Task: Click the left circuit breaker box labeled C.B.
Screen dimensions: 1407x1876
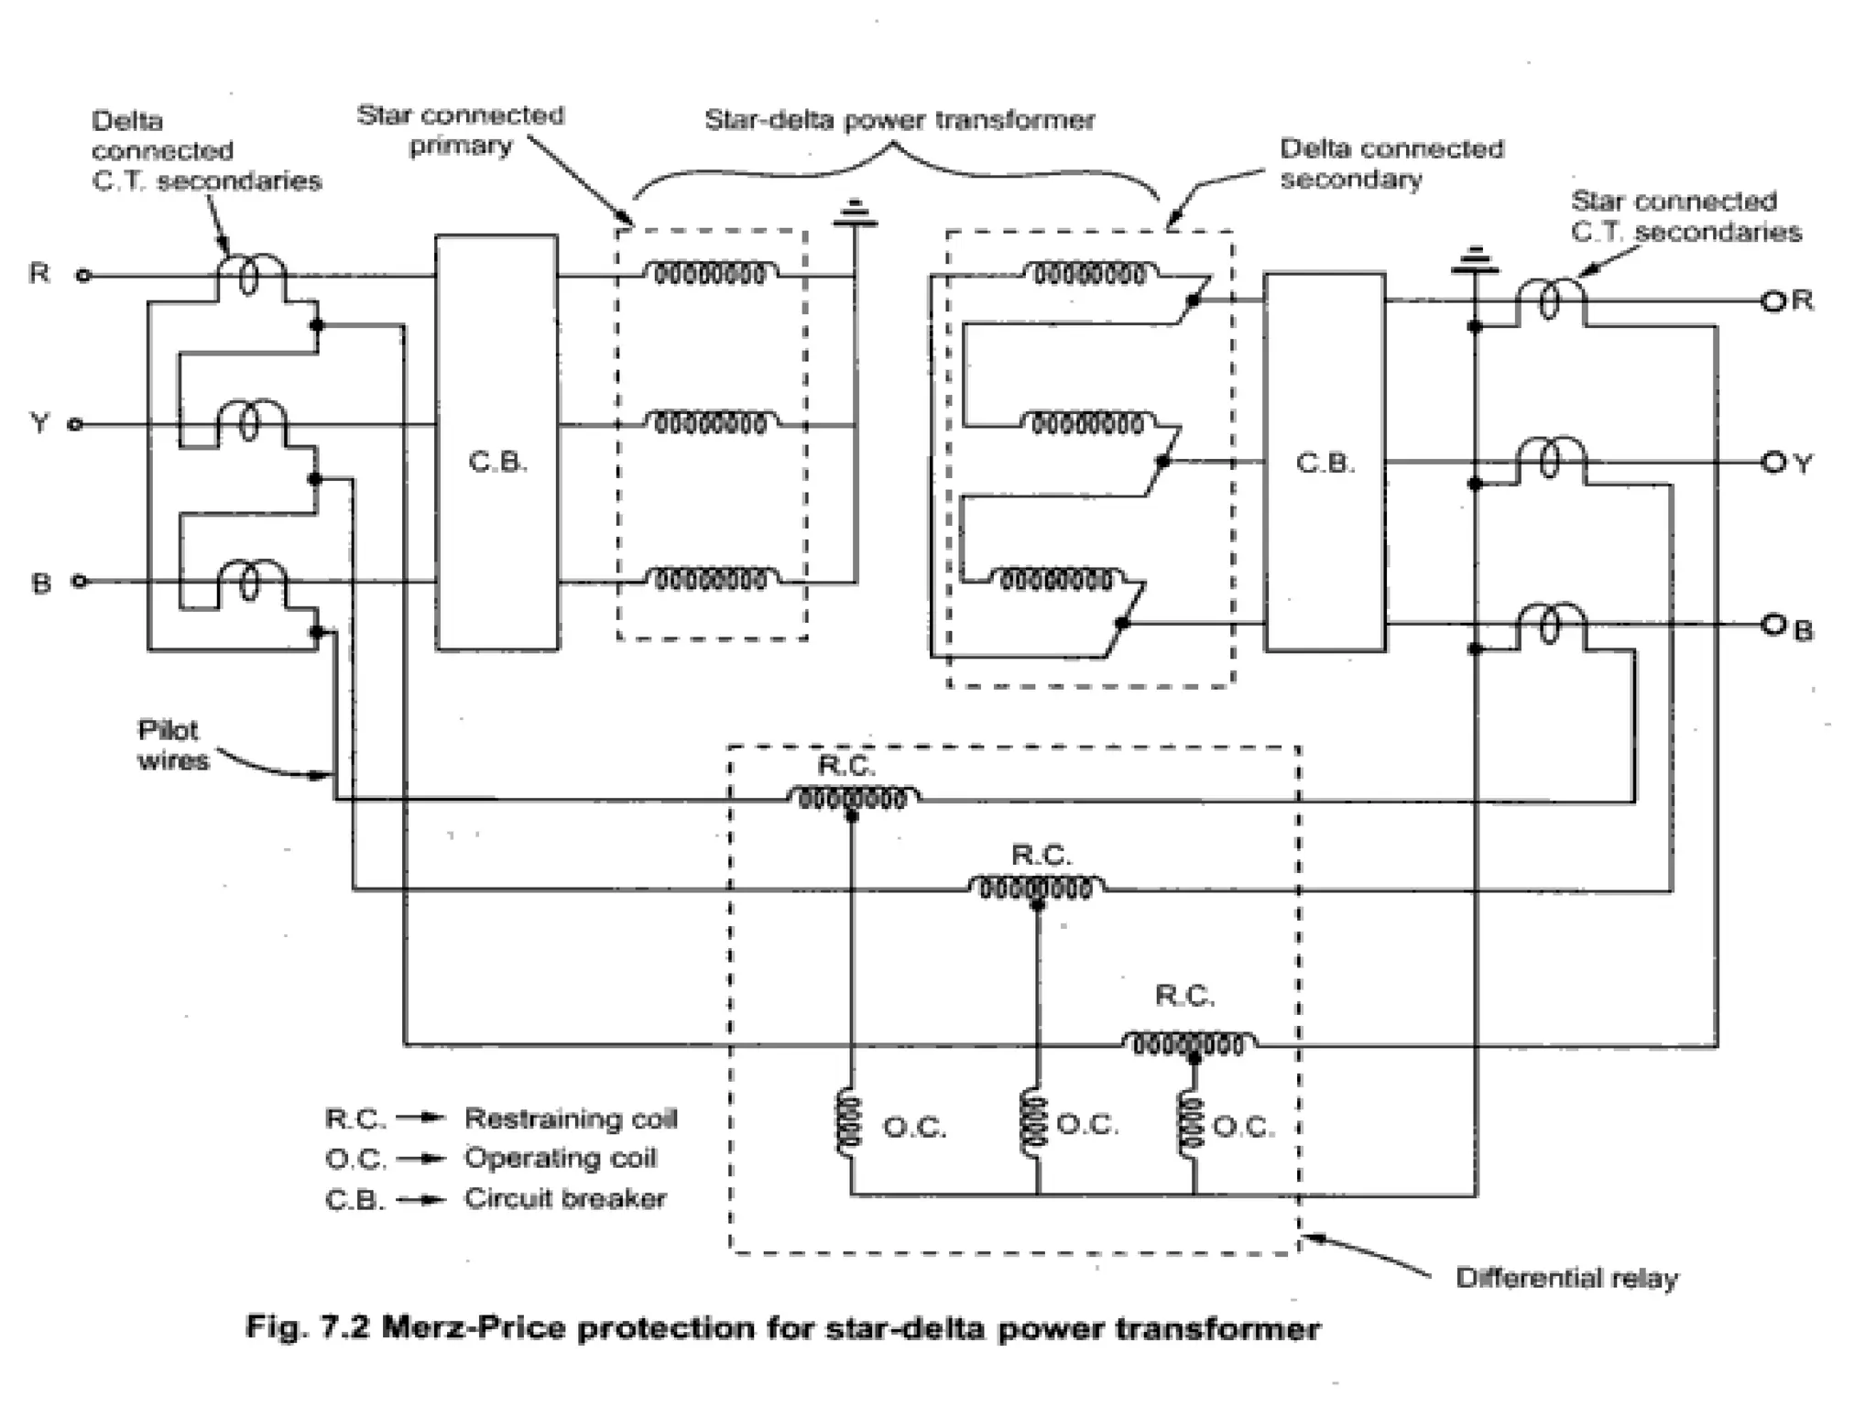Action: (x=496, y=442)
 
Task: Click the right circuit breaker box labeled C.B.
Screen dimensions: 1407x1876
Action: (x=1325, y=462)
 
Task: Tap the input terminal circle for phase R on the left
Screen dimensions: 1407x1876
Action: (x=83, y=275)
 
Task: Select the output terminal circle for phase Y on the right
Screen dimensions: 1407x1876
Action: (x=1773, y=463)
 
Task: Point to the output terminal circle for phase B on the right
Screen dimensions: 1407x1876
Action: (x=1773, y=625)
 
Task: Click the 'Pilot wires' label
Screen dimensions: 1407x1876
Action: (x=172, y=745)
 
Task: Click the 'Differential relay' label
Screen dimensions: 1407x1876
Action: (x=1566, y=1278)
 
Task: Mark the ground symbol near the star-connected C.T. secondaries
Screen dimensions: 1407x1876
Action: (x=1474, y=262)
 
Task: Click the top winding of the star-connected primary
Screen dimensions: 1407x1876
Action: (x=710, y=273)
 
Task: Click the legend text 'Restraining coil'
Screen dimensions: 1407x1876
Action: (x=570, y=1118)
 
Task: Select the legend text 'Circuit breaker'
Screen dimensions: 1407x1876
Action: (x=564, y=1198)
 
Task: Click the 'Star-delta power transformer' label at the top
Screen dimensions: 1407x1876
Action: (x=899, y=121)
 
